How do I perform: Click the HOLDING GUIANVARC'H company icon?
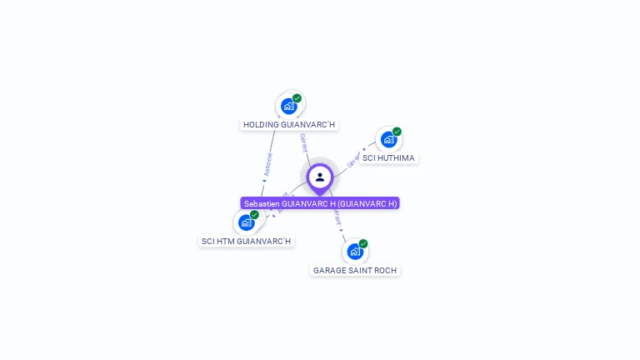point(288,106)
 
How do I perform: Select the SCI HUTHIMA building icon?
point(387,139)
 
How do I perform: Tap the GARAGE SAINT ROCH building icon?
point(354,251)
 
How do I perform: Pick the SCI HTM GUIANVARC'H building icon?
point(246,222)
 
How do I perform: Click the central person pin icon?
point(320,177)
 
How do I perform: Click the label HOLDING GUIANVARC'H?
point(289,125)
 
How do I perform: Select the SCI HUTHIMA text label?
point(388,158)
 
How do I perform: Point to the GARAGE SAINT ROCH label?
point(355,270)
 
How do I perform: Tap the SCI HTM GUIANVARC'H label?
point(247,242)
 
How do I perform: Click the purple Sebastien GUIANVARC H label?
point(320,203)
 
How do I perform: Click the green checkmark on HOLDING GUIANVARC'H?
point(297,98)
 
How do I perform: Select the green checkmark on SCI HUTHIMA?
point(397,132)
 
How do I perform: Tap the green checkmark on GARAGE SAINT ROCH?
point(363,243)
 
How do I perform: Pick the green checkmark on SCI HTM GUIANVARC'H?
point(255,215)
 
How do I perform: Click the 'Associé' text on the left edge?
point(267,164)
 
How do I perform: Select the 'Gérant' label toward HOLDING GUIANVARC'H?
point(304,142)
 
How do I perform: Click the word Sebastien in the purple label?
point(262,203)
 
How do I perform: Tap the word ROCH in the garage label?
point(386,270)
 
